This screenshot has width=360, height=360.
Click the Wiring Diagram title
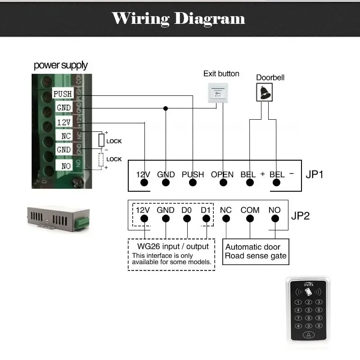point(179,18)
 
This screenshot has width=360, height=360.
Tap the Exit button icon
point(217,93)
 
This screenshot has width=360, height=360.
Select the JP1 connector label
point(315,174)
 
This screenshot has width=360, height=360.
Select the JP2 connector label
point(300,216)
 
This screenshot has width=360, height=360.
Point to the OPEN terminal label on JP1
point(222,174)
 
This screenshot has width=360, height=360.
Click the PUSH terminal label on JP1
point(193,174)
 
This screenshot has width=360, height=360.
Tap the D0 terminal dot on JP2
point(187,219)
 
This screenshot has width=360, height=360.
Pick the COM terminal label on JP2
point(250,210)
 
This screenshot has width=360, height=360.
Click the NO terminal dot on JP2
point(274,219)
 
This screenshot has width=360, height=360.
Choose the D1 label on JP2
point(206,210)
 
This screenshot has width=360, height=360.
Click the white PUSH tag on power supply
point(63,94)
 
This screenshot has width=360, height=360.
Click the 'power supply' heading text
point(61,65)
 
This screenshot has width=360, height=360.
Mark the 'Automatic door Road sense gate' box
point(256,252)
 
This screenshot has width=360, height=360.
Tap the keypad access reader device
point(308,310)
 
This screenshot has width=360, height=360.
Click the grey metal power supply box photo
point(58,220)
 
